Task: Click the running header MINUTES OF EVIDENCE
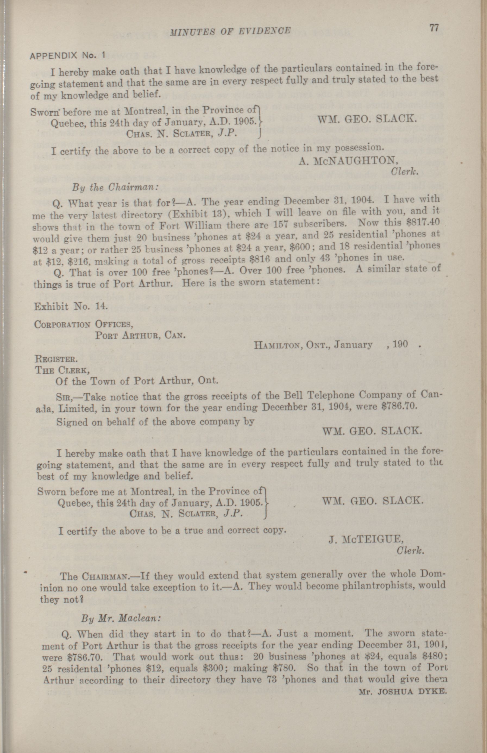230,31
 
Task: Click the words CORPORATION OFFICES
83,324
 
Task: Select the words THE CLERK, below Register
62,370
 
